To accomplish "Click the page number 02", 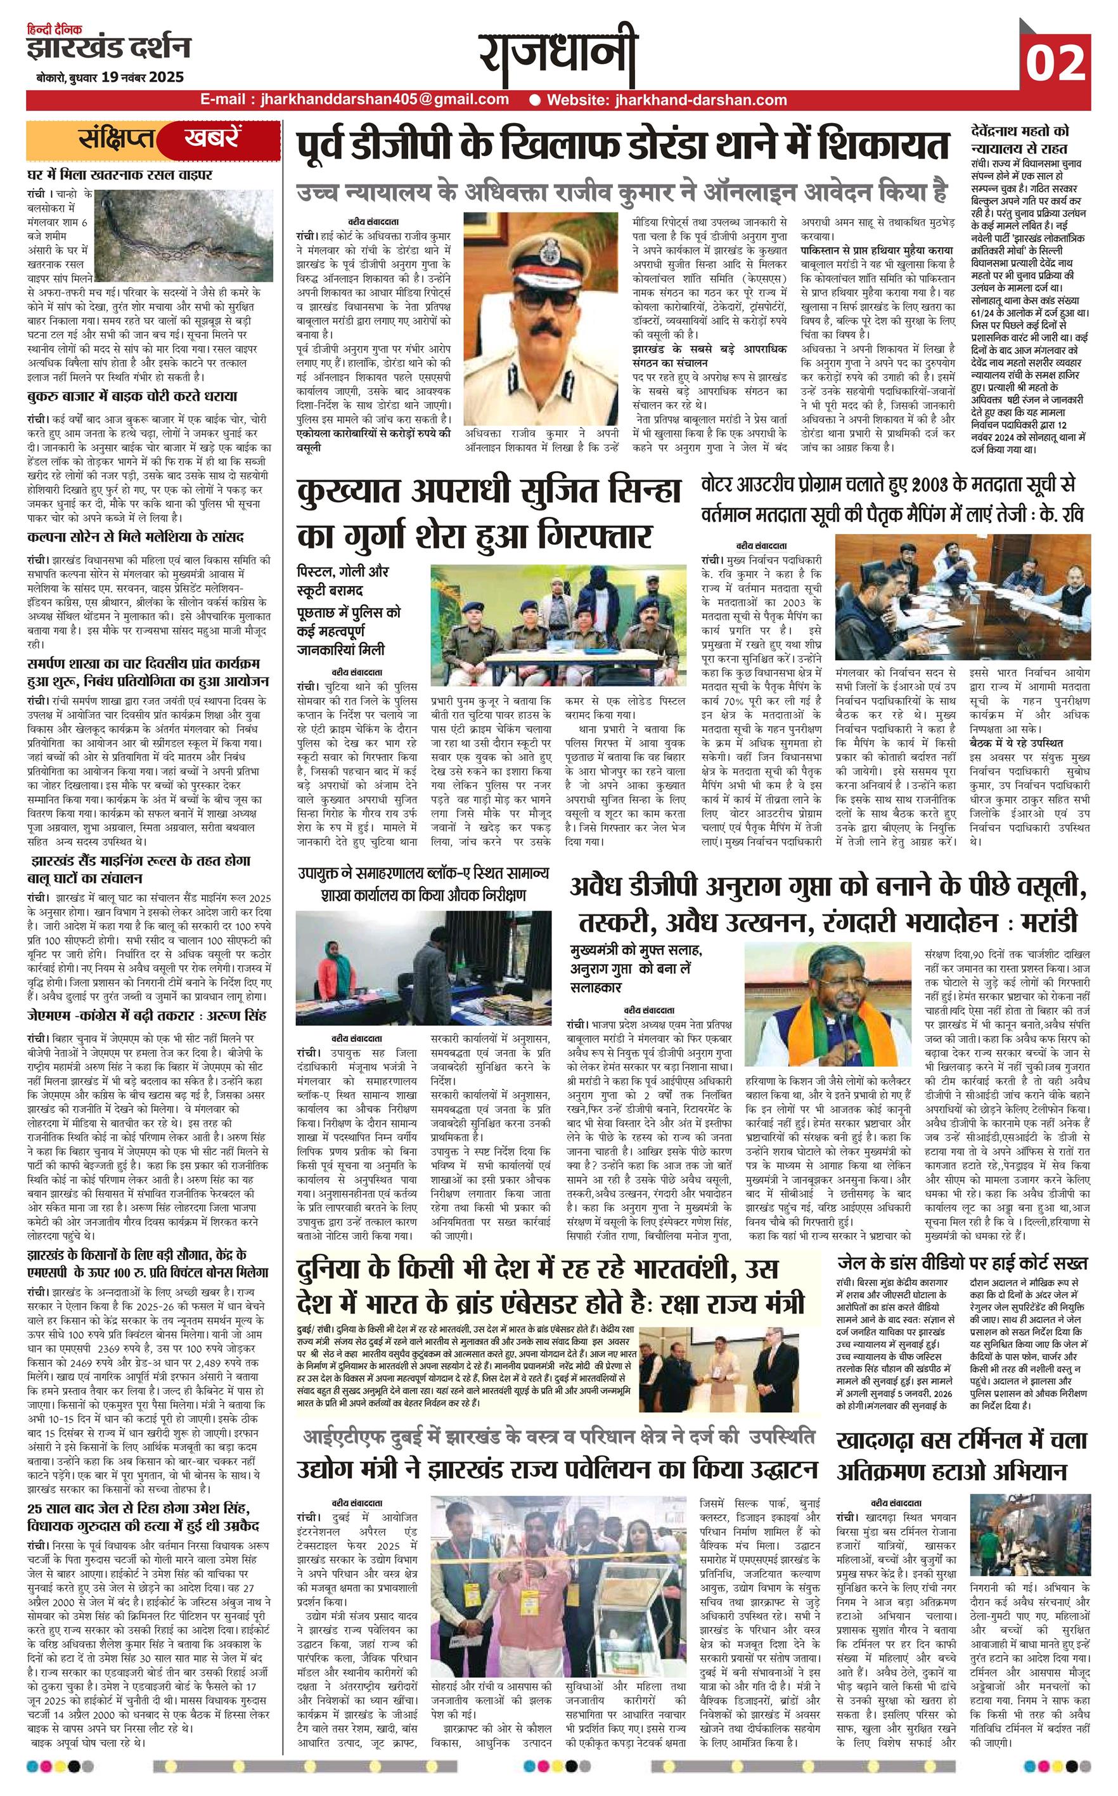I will click(1055, 62).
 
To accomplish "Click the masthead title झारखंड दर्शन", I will click(109, 49).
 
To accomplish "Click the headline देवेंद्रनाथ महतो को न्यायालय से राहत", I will click(1020, 138).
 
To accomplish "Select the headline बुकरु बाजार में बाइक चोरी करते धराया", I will click(132, 396).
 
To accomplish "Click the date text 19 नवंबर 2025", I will click(143, 77).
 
